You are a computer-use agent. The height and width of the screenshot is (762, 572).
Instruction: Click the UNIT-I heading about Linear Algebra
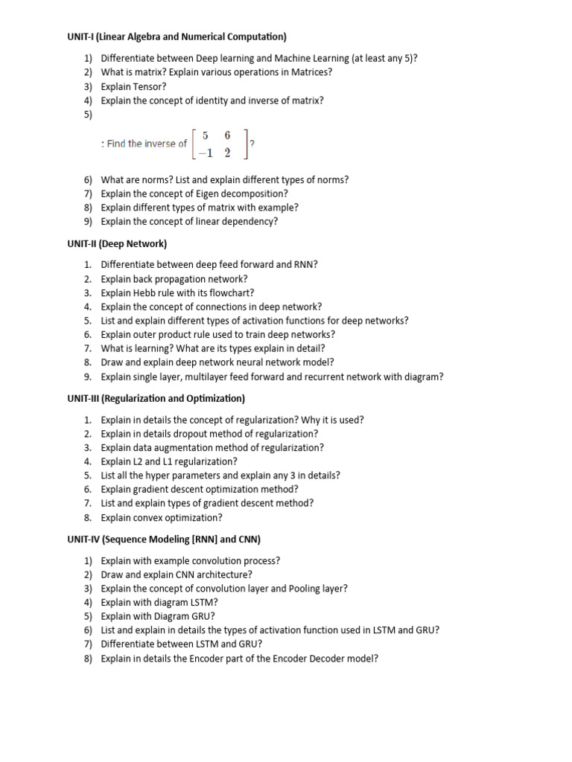177,36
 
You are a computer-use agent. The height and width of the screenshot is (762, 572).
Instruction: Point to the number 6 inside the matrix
227,135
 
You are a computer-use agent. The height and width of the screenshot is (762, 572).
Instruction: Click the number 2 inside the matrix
227,153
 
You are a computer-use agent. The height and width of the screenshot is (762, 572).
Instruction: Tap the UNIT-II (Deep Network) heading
117,243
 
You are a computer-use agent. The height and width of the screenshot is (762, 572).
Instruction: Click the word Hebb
146,292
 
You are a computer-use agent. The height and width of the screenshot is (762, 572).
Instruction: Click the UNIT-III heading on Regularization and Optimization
156,399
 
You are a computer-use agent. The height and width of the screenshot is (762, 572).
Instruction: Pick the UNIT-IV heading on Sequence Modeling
164,539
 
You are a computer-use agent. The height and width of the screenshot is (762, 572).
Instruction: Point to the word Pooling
304,588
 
